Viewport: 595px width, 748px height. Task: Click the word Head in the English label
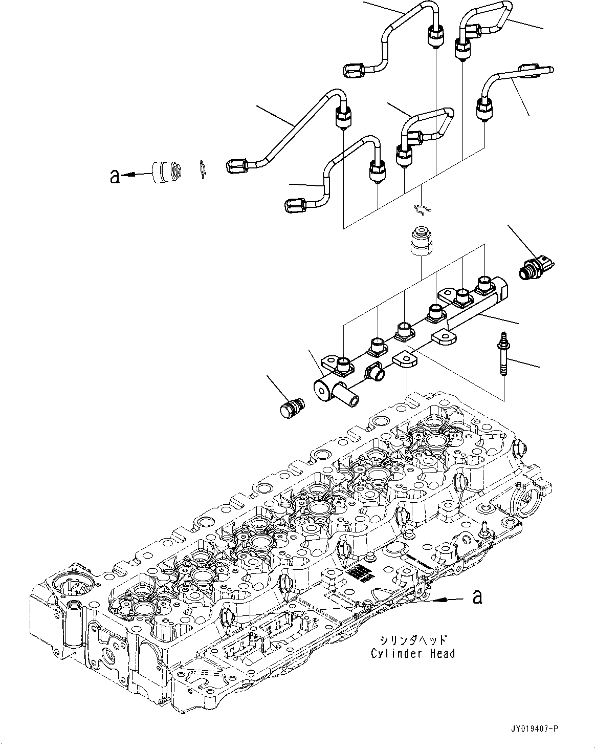(442, 653)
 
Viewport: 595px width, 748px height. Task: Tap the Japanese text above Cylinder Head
(413, 640)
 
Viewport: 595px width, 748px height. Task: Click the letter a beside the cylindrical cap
(115, 177)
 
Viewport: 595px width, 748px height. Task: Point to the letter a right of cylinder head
(477, 596)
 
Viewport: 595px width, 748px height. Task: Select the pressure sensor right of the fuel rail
(536, 266)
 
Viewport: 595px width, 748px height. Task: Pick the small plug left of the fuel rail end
(292, 408)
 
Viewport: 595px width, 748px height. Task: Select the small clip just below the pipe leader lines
(421, 208)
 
